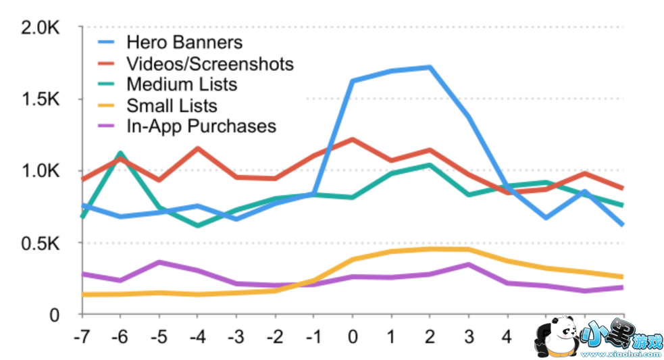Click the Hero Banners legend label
click(x=184, y=42)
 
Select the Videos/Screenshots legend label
click(x=209, y=63)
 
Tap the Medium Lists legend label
click(x=182, y=84)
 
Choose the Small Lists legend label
click(x=172, y=105)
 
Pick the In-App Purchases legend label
click(x=201, y=126)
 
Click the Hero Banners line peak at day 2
click(x=430, y=67)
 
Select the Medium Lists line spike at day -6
click(x=120, y=153)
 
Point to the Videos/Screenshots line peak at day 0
click(x=352, y=139)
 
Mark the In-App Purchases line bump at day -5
click(x=159, y=261)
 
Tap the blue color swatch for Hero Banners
click(x=107, y=42)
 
